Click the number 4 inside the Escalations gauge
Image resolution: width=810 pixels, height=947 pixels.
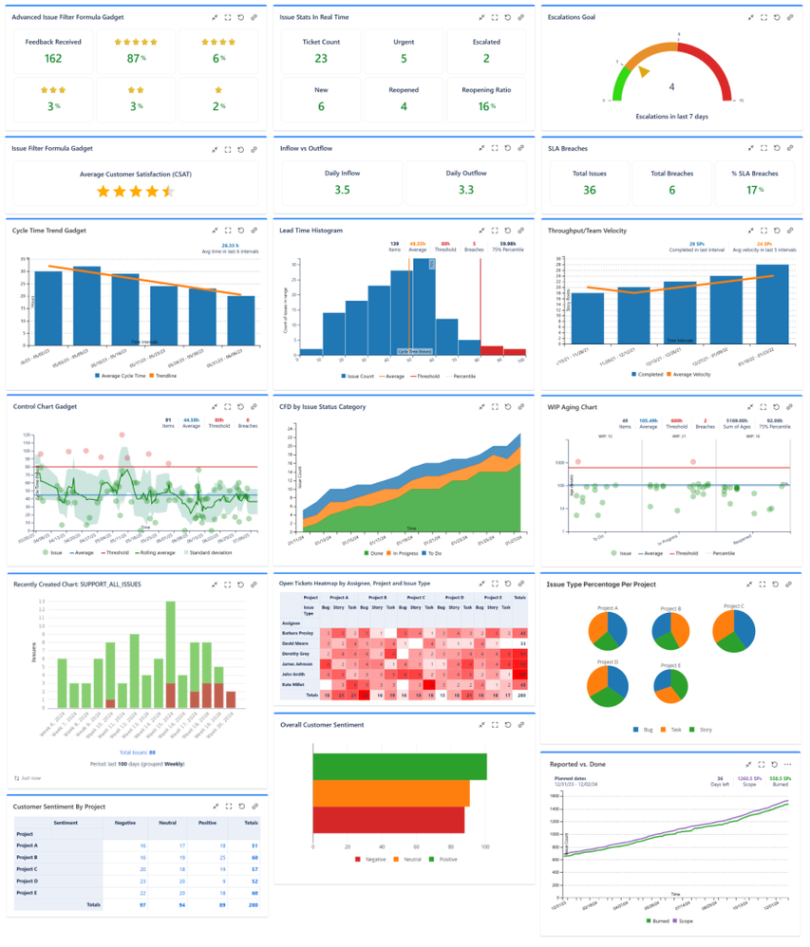tap(672, 86)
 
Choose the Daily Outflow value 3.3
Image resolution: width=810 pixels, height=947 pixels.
tap(466, 190)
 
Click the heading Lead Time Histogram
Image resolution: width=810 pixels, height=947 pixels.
tap(311, 231)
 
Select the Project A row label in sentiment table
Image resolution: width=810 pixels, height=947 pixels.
tap(28, 845)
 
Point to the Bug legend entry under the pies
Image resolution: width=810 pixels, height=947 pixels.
tap(639, 730)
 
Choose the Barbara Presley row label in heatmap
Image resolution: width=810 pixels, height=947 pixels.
tap(297, 630)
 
